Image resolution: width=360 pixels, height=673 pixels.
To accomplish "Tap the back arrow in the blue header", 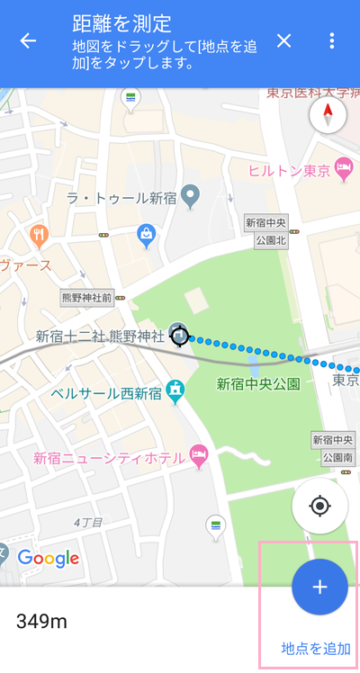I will click(x=29, y=41).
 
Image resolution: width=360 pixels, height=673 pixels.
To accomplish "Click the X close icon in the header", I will click(x=284, y=41).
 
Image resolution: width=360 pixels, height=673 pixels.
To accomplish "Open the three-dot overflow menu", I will click(x=332, y=41).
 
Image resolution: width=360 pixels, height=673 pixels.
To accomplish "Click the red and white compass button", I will click(x=327, y=116).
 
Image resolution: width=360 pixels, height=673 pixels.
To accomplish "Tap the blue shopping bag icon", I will click(x=146, y=236).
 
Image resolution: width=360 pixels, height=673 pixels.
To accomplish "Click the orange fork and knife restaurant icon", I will click(x=39, y=236).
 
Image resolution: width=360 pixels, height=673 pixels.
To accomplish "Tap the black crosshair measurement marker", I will click(x=180, y=336).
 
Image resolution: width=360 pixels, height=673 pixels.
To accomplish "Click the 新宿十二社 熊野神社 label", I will click(x=100, y=336).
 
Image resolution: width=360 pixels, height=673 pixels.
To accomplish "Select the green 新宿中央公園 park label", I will click(x=257, y=384).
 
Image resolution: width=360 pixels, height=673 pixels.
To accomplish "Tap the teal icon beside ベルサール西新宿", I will click(x=177, y=392).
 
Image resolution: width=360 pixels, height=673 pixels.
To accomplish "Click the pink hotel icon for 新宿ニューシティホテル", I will click(x=199, y=456).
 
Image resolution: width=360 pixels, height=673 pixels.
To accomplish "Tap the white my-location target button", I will click(x=320, y=506).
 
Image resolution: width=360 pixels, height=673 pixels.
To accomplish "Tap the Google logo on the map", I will click(x=49, y=558).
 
